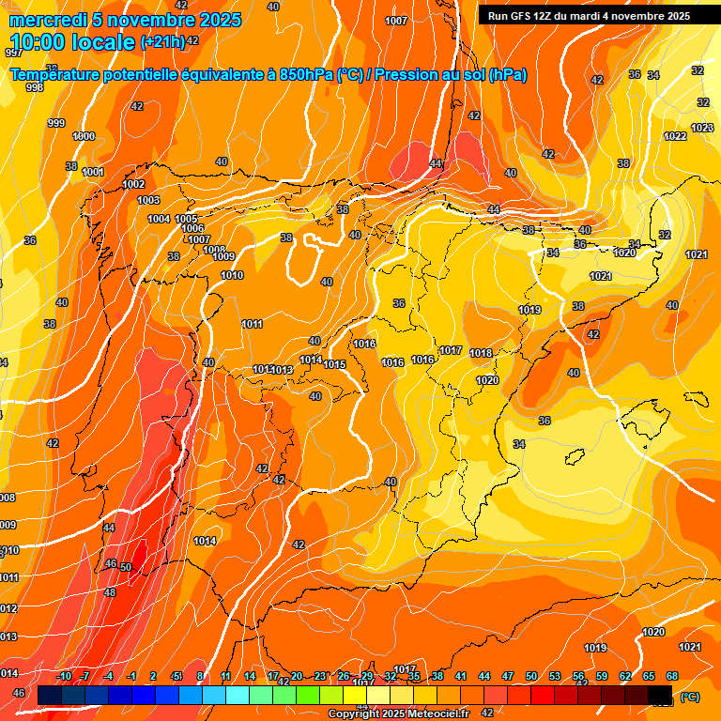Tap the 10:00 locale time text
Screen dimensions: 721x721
[71, 42]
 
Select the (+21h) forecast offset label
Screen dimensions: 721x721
[162, 42]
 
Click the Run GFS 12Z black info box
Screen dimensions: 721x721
[589, 16]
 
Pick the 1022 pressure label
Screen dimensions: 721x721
[675, 136]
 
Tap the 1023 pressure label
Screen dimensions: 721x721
[702, 128]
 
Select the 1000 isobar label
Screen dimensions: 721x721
[84, 136]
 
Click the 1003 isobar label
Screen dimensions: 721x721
[148, 200]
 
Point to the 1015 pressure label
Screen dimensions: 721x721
[334, 364]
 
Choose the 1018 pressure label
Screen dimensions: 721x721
[481, 353]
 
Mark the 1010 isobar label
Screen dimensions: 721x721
[232, 275]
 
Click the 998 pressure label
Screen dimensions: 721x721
[35, 87]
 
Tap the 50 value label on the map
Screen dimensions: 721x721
[126, 567]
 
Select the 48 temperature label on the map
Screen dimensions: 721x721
[110, 592]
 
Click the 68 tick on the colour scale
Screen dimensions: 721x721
[672, 676]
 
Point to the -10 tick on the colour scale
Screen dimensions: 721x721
[64, 676]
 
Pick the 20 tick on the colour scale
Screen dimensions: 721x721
[297, 676]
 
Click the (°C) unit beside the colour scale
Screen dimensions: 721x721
[690, 697]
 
